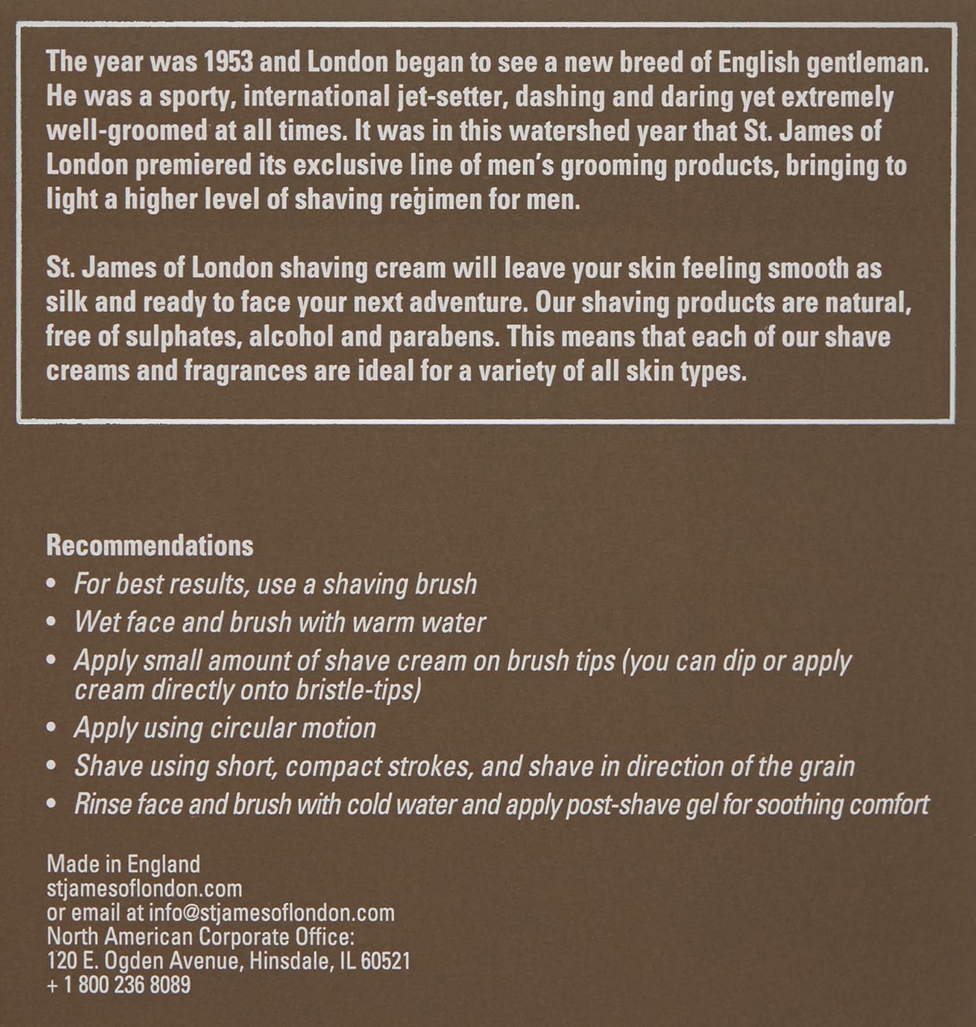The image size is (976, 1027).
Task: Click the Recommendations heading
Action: point(149,546)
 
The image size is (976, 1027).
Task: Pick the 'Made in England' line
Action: point(123,864)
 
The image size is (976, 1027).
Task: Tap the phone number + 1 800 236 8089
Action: point(118,985)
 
